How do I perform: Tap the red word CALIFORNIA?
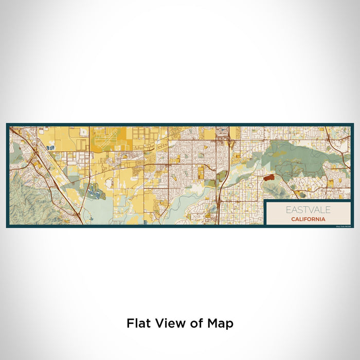point(308,219)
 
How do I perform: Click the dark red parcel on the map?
point(268,177)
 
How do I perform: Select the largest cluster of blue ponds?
point(96,193)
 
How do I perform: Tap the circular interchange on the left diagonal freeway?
point(35,152)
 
